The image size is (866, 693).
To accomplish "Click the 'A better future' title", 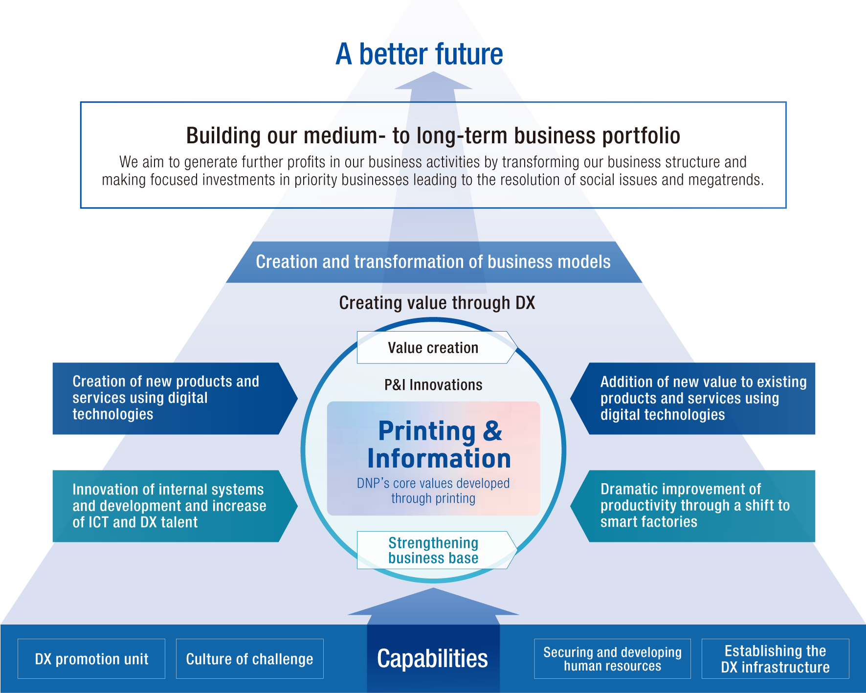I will pos(419,54).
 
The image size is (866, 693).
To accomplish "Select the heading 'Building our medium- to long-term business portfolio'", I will pos(433,135).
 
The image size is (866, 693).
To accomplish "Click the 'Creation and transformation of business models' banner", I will pos(433,262).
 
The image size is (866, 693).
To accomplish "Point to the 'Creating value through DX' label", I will pos(437,303).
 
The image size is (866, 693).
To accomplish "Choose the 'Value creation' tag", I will pos(433,348).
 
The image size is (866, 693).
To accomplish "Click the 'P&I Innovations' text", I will pos(433,385).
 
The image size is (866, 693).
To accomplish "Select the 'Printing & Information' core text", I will pos(439,444).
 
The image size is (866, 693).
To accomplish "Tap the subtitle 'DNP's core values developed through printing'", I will pos(433,491).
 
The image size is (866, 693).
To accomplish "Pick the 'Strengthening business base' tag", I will pos(433,550).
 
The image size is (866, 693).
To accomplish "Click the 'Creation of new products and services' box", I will pos(166,398).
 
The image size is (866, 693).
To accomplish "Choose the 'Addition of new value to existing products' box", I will pos(699,398).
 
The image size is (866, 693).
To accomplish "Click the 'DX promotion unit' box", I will pos(91,659).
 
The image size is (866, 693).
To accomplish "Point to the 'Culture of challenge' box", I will pos(249,659).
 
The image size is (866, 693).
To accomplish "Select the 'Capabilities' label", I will pos(433,658).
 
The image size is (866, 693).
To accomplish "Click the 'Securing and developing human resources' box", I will pos(612,659).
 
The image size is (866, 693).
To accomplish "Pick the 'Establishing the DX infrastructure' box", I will pos(775,659).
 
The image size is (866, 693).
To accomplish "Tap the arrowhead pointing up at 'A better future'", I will pos(433,81).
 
